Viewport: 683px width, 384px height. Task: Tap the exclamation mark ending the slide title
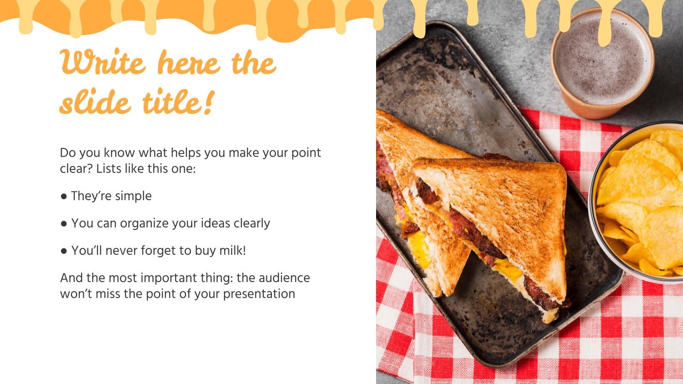(207, 102)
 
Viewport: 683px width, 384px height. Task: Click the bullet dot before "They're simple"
(64, 196)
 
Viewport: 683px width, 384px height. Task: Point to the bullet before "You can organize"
(64, 224)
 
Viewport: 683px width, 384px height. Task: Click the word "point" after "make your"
(306, 153)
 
